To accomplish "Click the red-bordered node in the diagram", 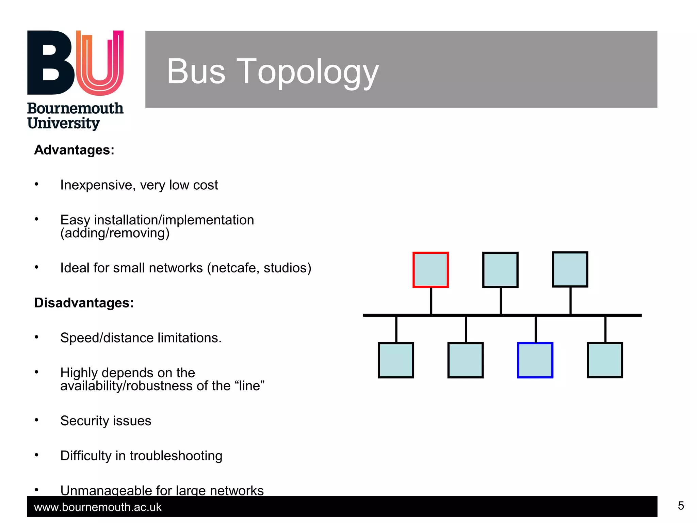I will (431, 270).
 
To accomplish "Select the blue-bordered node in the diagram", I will (535, 360).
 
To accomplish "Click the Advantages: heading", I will (74, 150).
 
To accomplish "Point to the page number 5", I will (681, 506).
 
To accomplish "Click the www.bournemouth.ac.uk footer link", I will (98, 507).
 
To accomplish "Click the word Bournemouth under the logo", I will (75, 108).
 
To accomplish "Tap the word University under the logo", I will (64, 123).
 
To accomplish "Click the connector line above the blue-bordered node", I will (536, 329).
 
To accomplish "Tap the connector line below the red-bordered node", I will (431, 301).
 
